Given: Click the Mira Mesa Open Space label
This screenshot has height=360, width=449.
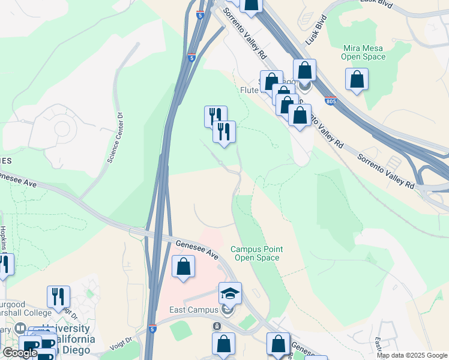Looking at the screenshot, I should click(x=363, y=52).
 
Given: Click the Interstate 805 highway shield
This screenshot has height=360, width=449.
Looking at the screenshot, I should click(x=330, y=102).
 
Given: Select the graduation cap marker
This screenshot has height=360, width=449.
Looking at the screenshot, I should click(x=230, y=293).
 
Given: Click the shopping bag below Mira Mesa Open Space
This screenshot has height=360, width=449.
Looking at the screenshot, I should click(x=357, y=79).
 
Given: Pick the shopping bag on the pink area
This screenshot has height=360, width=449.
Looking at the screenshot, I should click(x=183, y=266).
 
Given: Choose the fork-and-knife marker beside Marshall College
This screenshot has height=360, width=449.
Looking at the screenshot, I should click(x=58, y=296).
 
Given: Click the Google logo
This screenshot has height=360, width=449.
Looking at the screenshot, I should click(x=20, y=353).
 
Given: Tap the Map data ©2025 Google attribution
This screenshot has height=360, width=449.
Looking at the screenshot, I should click(x=412, y=355).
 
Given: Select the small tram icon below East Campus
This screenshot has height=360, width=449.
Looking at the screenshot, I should click(x=217, y=326).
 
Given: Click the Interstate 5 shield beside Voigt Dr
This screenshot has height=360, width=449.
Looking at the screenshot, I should click(x=152, y=329).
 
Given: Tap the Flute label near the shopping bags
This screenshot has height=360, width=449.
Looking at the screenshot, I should click(x=249, y=90).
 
